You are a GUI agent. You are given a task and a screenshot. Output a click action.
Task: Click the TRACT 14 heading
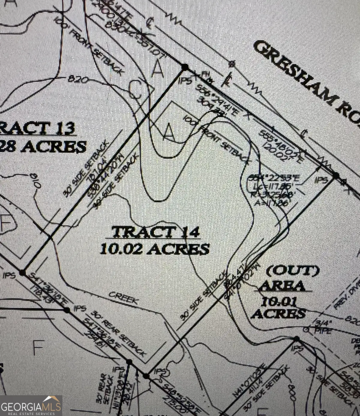(x=155, y=232)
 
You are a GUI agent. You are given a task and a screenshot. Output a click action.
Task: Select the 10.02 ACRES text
(x=154, y=249)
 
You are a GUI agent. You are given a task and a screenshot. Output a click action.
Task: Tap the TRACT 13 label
(x=37, y=128)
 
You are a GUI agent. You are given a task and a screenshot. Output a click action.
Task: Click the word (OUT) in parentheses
(x=293, y=271)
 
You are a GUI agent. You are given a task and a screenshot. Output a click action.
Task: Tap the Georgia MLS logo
(x=31, y=406)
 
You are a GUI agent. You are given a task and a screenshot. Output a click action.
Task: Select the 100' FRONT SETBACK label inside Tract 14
(x=216, y=139)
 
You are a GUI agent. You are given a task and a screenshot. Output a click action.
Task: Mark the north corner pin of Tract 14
(x=185, y=67)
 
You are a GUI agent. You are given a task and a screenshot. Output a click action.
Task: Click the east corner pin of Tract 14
(x=336, y=175)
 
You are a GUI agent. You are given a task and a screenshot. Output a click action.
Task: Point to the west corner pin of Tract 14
(x=22, y=273)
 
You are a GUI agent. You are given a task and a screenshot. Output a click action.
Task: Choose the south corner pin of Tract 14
(x=146, y=376)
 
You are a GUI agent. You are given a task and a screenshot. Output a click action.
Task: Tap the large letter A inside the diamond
(x=169, y=132)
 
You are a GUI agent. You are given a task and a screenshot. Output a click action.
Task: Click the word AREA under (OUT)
(x=282, y=286)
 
